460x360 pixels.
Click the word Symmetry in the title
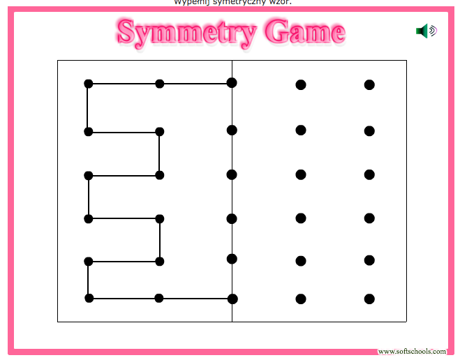click(184, 31)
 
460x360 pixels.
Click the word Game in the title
click(306, 31)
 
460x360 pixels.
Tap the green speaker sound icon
click(425, 31)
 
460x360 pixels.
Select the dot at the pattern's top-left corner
click(89, 84)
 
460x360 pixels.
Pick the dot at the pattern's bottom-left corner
click(89, 298)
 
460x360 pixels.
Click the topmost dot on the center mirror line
click(232, 83)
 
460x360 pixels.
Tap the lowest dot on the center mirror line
click(232, 299)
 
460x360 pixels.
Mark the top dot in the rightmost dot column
click(369, 85)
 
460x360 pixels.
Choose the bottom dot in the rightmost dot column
click(369, 299)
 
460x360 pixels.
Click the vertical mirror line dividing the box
click(232, 195)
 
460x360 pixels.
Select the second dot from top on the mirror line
click(232, 130)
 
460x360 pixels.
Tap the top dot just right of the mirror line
click(301, 85)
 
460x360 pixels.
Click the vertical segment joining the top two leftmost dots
click(88, 108)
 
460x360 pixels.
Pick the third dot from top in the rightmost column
click(369, 174)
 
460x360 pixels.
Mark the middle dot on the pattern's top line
click(160, 84)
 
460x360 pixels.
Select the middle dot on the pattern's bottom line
click(159, 298)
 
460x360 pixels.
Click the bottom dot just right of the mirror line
click(301, 299)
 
